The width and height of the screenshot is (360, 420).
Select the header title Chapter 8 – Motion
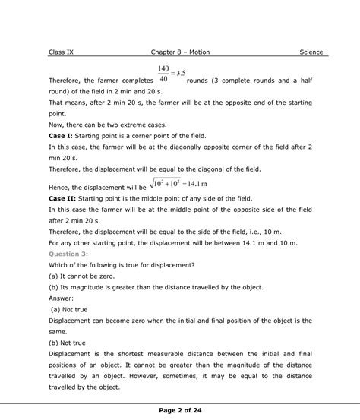coord(182,52)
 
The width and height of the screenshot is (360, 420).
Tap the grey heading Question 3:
coord(68,253)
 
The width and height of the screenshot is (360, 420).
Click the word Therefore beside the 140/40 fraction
coord(67,79)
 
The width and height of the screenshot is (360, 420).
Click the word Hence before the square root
coord(60,187)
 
